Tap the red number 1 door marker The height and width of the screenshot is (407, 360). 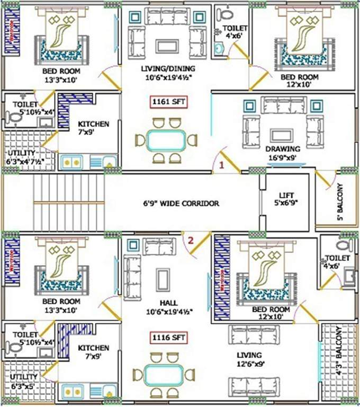point(222,165)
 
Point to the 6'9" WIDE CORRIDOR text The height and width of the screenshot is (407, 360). point(181,203)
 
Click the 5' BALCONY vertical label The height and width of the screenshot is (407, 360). point(340,202)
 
